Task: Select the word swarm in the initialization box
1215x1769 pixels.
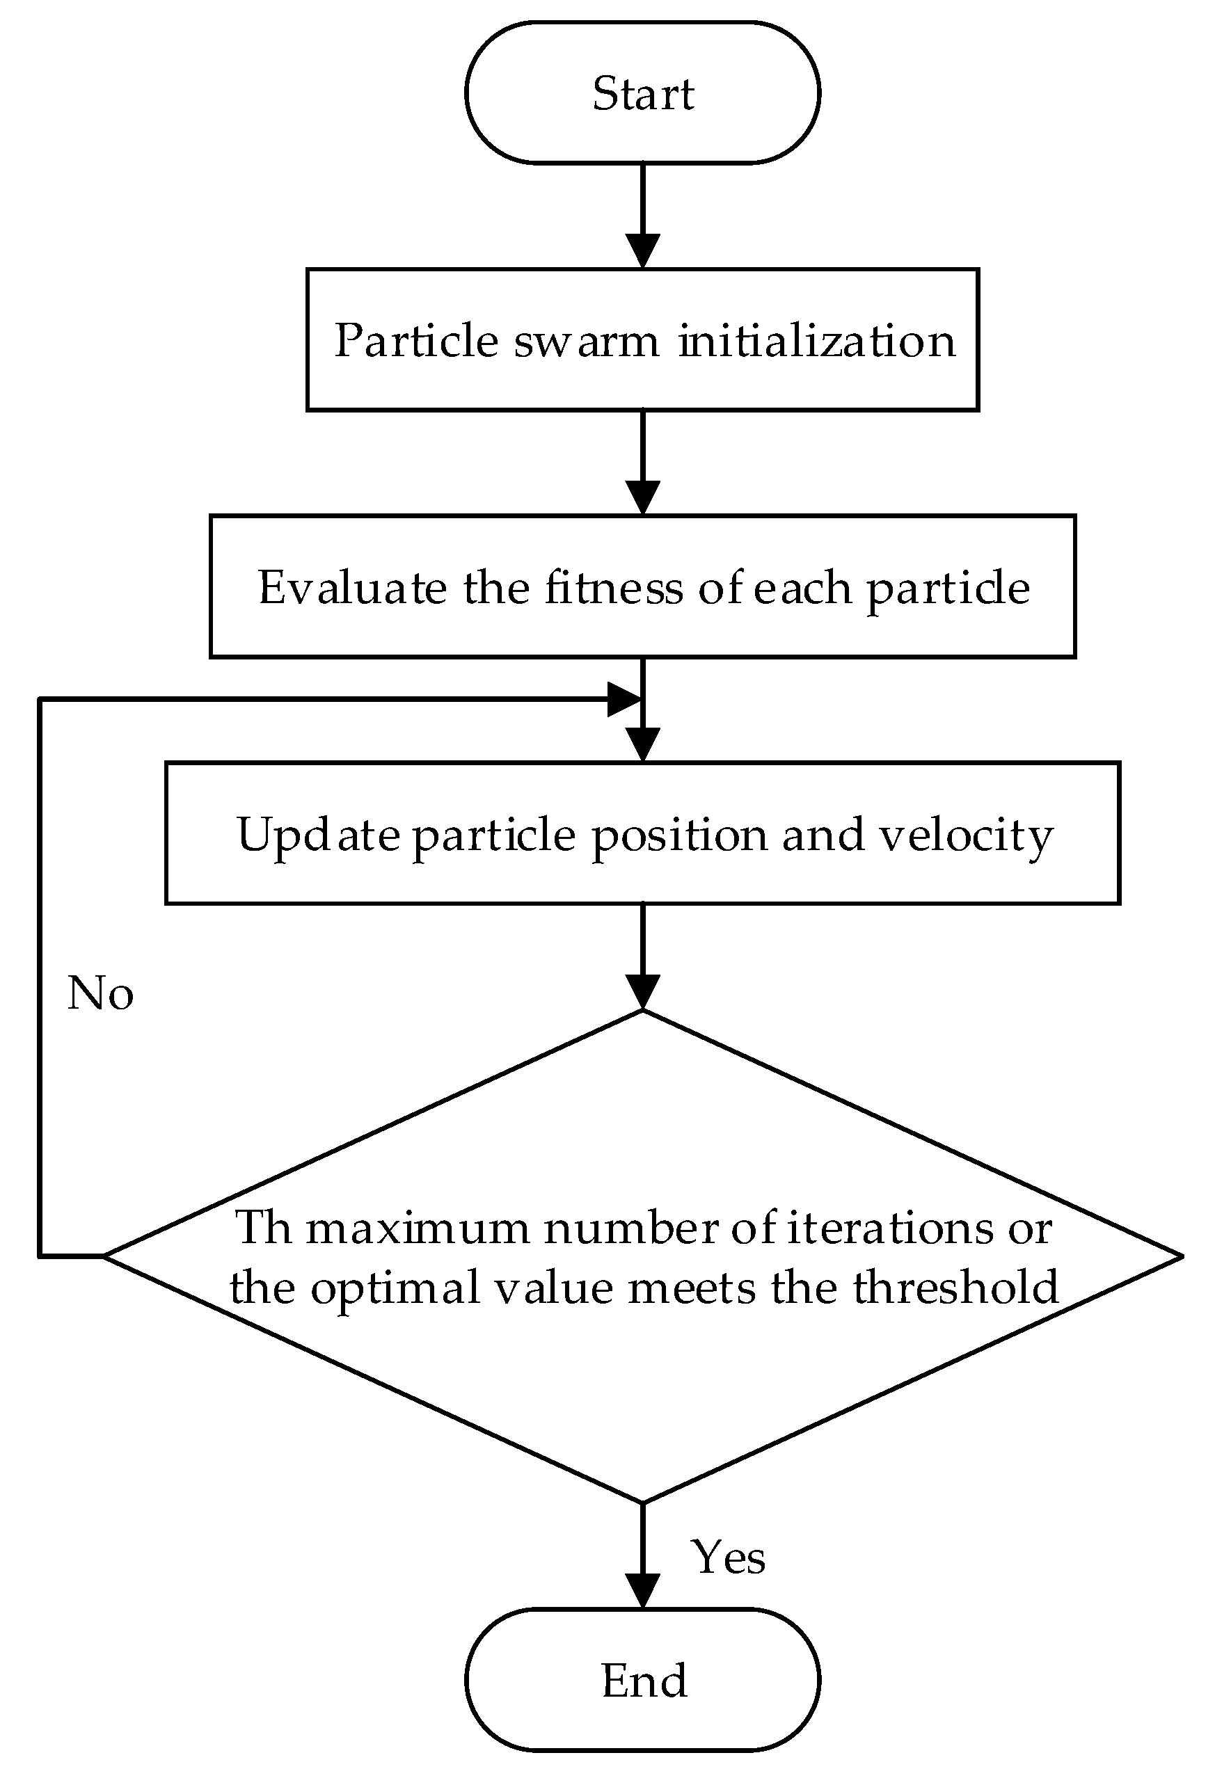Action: click(x=586, y=340)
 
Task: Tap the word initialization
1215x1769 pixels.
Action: click(x=816, y=340)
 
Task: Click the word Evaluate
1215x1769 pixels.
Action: click(x=353, y=588)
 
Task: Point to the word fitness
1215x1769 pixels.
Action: click(x=614, y=588)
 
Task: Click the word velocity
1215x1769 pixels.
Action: click(x=966, y=835)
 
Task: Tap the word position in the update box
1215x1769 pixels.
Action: click(x=680, y=835)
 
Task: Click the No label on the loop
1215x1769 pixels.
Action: click(x=100, y=993)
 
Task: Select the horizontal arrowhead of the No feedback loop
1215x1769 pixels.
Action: click(x=624, y=699)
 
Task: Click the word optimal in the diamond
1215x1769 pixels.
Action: click(x=395, y=1287)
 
